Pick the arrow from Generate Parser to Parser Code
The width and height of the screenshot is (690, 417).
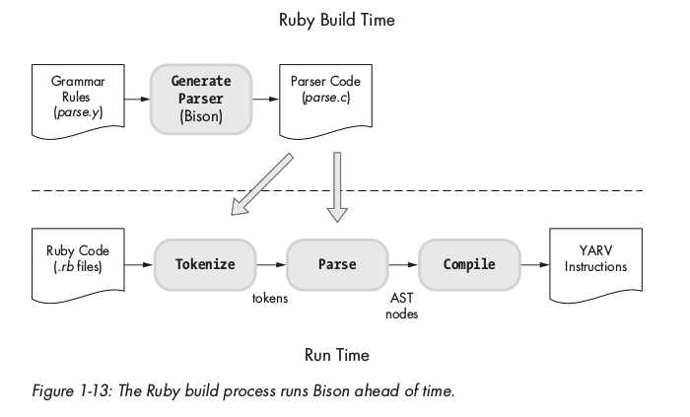(x=263, y=100)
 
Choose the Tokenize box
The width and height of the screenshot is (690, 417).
(x=203, y=264)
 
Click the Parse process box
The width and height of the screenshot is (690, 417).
(x=336, y=264)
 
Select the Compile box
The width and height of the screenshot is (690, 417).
(x=469, y=264)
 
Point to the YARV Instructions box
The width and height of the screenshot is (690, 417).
(x=591, y=264)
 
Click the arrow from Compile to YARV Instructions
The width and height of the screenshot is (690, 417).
(x=534, y=264)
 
